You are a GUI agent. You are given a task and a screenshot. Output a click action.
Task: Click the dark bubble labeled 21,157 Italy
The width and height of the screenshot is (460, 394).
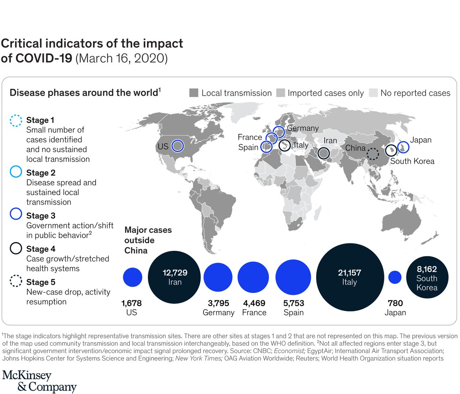pos(350,277)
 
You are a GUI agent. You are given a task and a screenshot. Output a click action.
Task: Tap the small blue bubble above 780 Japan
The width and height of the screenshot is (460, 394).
pos(394,277)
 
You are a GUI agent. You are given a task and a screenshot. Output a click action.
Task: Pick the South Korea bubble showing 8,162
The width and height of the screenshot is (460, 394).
pos(427,277)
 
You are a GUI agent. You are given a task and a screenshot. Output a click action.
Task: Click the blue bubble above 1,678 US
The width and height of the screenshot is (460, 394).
pos(132,277)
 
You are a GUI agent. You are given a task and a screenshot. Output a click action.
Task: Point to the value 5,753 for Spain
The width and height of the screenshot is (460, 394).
pos(293,303)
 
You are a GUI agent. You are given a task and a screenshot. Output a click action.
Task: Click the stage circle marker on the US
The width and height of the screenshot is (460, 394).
pos(177,145)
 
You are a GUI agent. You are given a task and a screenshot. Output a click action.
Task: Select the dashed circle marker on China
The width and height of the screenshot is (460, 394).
pos(372,154)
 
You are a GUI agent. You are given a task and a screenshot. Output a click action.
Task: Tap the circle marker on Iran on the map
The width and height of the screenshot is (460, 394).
pos(324,153)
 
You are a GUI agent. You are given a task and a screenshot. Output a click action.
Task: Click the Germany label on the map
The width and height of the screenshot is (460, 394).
pos(302,128)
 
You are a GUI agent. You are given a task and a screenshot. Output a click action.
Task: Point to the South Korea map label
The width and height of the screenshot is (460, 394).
pos(412,161)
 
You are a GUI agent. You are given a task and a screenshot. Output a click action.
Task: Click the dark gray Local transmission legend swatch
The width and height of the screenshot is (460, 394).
pos(194,93)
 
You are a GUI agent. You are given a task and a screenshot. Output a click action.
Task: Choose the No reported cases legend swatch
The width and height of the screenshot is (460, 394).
pos(373,93)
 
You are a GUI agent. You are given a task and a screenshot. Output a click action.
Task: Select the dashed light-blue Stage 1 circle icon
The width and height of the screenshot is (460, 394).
pos(16,120)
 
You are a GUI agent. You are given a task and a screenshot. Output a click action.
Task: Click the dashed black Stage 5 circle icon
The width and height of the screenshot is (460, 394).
pos(16,282)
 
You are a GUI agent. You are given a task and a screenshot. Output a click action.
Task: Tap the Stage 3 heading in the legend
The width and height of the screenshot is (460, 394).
pos(40,216)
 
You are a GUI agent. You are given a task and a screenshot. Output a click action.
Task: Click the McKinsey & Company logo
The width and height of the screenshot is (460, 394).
pos(39,381)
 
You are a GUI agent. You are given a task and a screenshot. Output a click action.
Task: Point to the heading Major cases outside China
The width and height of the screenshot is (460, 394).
pos(147,240)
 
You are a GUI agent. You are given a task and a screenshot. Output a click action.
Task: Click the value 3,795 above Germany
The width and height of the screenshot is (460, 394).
pos(218,303)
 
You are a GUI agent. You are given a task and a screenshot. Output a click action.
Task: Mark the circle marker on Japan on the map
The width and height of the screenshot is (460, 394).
pos(403,146)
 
